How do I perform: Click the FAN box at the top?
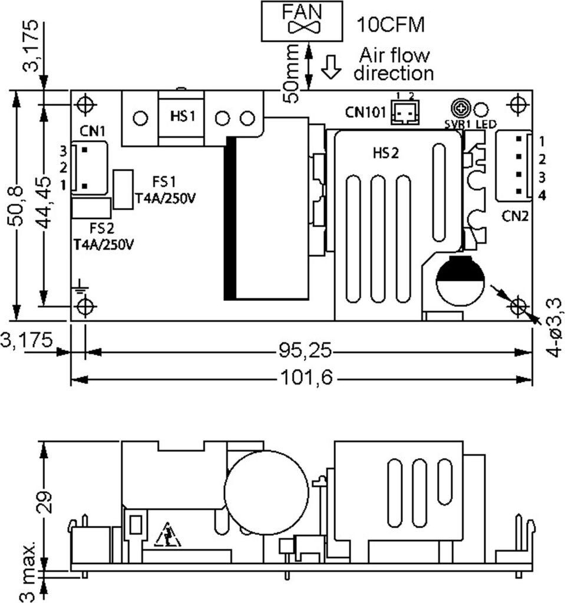[302, 21]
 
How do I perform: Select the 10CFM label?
[391, 25]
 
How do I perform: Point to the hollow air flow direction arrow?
[331, 67]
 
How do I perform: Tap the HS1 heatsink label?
[183, 116]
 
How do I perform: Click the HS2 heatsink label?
[386, 153]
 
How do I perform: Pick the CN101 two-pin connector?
[405, 112]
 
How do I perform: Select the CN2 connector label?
[515, 216]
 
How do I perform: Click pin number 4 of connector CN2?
[542, 196]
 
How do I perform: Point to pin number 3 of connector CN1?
[64, 151]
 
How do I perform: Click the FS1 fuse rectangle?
[123, 190]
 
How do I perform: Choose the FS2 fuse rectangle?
[91, 208]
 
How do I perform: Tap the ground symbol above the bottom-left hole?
[80, 286]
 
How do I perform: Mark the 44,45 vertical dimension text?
[45, 203]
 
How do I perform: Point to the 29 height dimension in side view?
[45, 502]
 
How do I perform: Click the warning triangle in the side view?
[167, 535]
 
